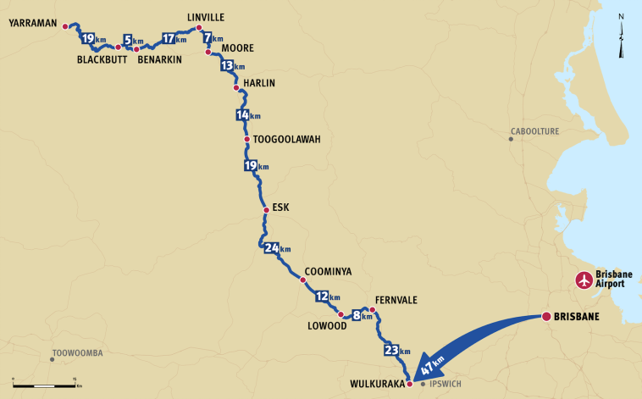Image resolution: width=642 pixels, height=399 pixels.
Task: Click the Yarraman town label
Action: (32, 25)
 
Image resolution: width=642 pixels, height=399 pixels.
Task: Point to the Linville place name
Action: (206, 16)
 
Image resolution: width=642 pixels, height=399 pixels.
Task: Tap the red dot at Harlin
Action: (236, 87)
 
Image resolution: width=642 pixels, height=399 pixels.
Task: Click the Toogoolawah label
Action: (287, 140)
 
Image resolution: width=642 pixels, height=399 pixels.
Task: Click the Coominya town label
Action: (327, 271)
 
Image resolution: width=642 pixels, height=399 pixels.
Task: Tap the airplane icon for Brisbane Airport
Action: (584, 280)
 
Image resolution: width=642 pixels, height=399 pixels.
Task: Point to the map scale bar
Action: (47, 385)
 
